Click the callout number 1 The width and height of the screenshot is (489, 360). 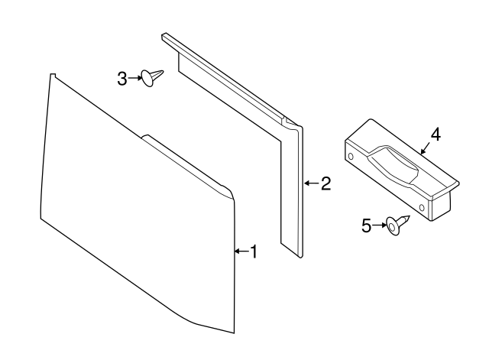click(x=254, y=251)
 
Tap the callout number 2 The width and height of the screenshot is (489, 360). click(x=325, y=183)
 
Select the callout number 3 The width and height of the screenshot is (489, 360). click(x=122, y=77)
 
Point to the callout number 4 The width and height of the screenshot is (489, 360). click(x=435, y=135)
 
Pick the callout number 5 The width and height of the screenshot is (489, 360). click(x=366, y=225)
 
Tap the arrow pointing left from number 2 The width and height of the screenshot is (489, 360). click(x=311, y=183)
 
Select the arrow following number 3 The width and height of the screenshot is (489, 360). click(x=134, y=77)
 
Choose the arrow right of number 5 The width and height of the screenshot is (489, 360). click(x=378, y=225)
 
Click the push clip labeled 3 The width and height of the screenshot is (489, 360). click(x=152, y=76)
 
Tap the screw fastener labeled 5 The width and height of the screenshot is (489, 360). click(x=397, y=224)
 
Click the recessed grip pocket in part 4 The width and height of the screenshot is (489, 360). click(x=393, y=163)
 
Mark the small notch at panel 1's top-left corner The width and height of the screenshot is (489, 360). click(x=53, y=76)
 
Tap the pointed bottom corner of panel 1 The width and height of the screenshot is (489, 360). click(x=232, y=332)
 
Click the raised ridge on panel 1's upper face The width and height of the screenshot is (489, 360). click(x=187, y=161)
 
